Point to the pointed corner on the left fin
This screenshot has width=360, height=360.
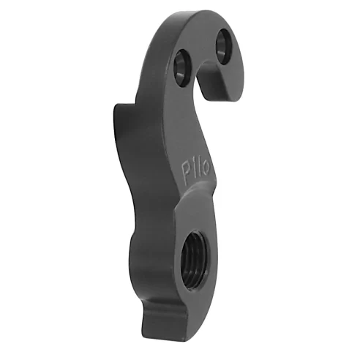pyautogui.click(x=118, y=106)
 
